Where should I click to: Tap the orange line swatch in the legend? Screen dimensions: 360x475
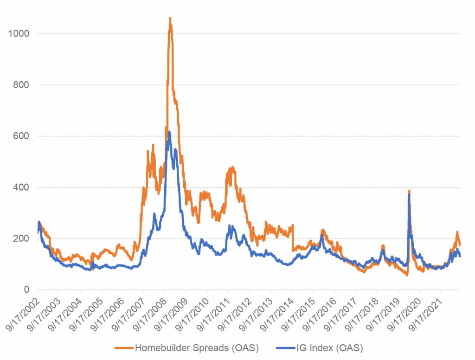pos(124,348)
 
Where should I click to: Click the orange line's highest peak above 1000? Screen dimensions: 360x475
pos(170,19)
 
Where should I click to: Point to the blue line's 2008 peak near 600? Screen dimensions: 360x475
pos(169,132)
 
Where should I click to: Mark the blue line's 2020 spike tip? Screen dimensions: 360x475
pos(409,195)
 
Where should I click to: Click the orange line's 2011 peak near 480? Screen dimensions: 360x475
pos(232,167)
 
